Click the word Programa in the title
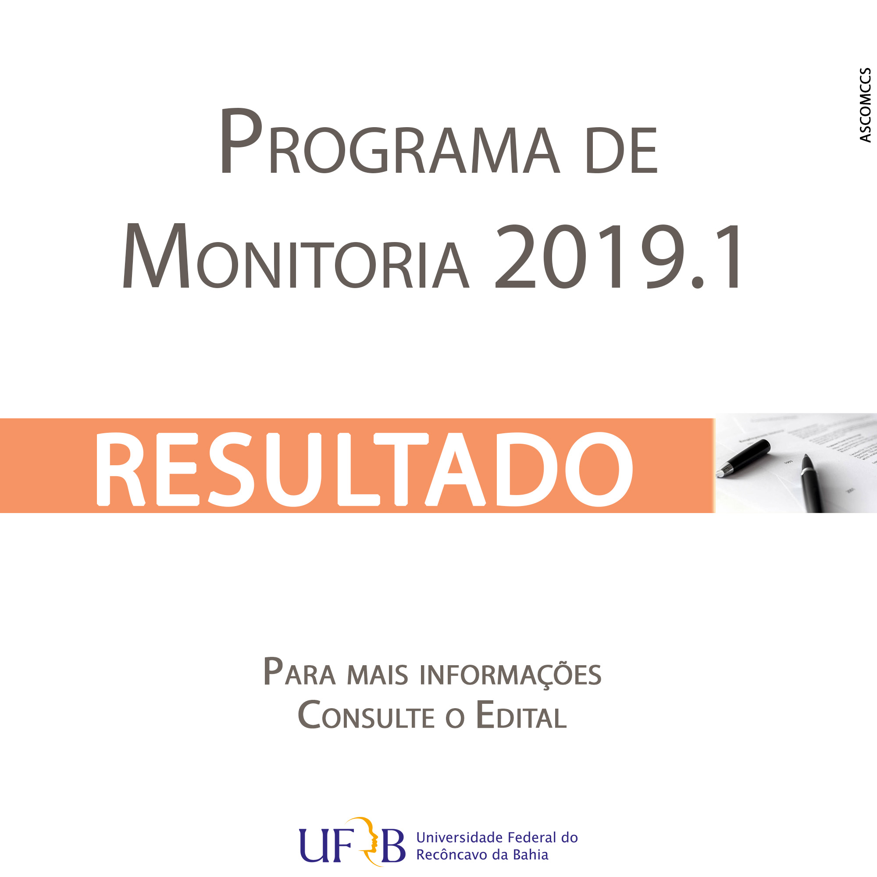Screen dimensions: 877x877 pos(390,141)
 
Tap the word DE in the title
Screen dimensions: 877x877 pos(622,150)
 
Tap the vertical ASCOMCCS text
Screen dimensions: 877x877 pos(865,105)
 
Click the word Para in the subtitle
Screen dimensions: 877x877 pos(299,672)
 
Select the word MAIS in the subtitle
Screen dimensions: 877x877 pos(378,675)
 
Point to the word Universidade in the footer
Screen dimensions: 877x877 pos(460,838)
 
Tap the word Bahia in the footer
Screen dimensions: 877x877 pos(531,855)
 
